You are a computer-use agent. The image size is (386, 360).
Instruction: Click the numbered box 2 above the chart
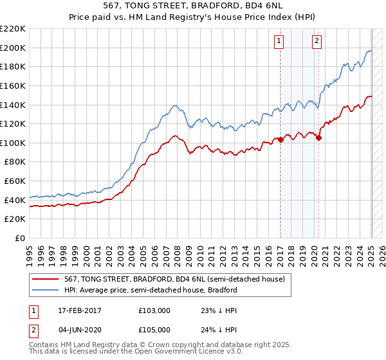coord(317,40)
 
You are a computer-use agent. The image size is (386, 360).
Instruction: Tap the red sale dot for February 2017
coord(280,139)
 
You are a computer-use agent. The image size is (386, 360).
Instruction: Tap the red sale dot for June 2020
coord(319,137)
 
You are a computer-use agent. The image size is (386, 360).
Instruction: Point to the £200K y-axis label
coord(14,48)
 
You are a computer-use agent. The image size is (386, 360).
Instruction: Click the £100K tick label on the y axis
coord(14,143)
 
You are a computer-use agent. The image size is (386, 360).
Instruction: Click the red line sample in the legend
coord(46,279)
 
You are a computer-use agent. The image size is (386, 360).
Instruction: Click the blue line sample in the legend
coord(46,290)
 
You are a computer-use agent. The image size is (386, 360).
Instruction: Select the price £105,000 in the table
coord(154,329)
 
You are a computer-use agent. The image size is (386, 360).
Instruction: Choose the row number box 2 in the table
coord(33,329)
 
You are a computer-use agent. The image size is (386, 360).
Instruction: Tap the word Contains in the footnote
coord(45,346)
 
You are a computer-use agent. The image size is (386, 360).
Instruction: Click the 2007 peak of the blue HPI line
coord(174,105)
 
